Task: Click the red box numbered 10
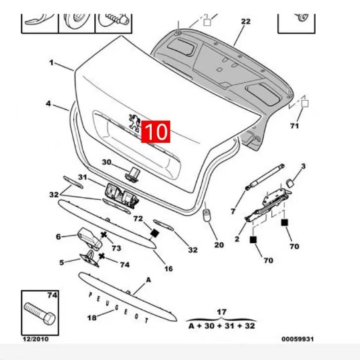(155, 131)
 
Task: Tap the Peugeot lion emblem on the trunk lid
(134, 122)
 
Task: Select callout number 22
(245, 21)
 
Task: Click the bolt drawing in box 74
(39, 313)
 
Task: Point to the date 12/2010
(35, 339)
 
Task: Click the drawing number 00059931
(297, 339)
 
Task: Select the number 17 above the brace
(221, 312)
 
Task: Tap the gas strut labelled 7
(265, 177)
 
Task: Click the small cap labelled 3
(289, 183)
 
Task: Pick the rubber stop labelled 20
(207, 215)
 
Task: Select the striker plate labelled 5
(89, 259)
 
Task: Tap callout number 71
(294, 126)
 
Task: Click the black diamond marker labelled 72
(154, 233)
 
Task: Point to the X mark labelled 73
(104, 235)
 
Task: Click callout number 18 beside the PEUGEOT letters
(92, 318)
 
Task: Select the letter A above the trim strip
(148, 280)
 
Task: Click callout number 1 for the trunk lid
(51, 62)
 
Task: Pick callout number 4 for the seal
(48, 103)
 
